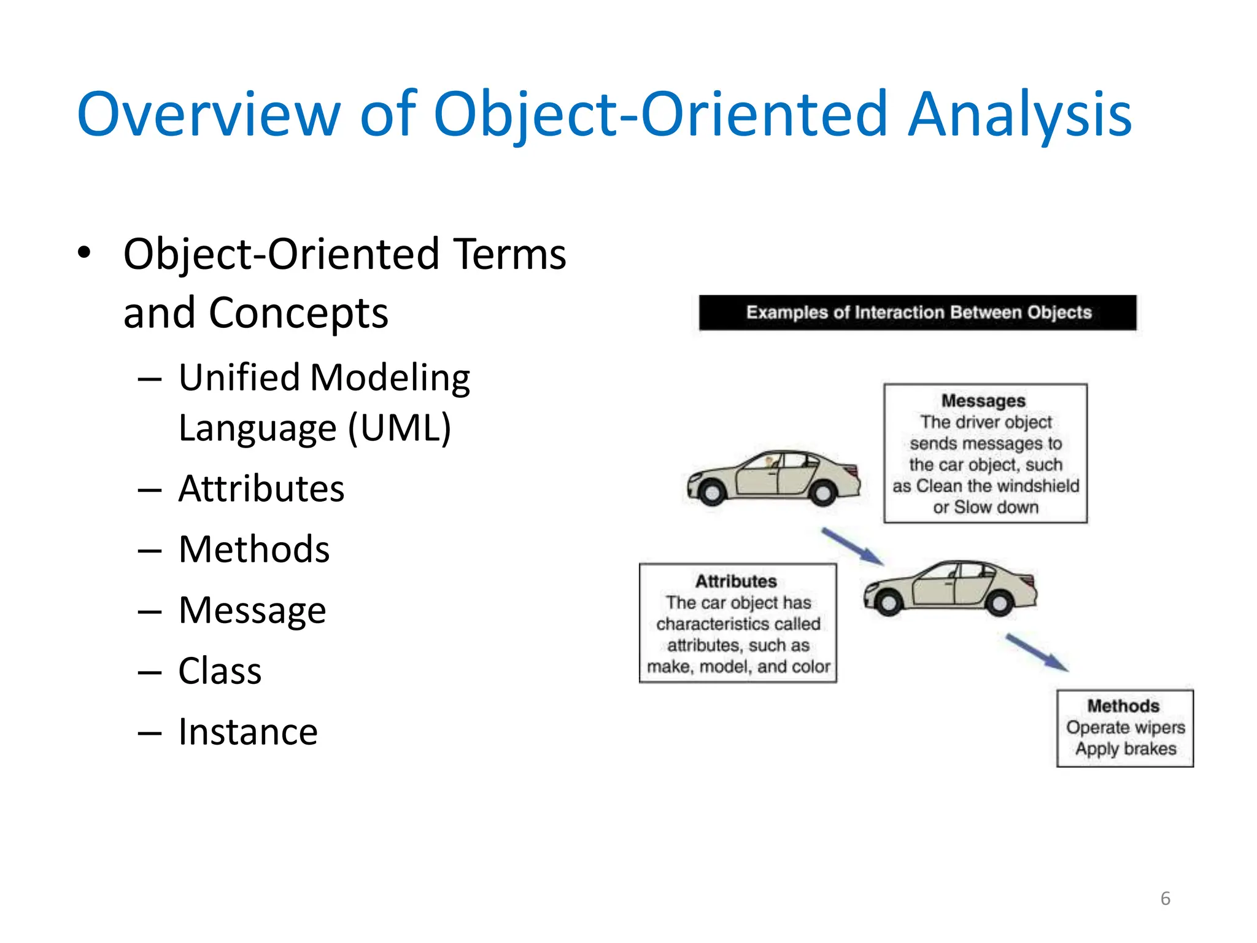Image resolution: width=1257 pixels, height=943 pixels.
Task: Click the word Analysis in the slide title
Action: click(1019, 114)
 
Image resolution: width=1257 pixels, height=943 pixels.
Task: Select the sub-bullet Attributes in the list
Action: click(261, 489)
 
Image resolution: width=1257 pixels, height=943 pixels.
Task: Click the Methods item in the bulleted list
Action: click(254, 549)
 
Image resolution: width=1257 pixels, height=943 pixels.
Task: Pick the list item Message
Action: click(252, 610)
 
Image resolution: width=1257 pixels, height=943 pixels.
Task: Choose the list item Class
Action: click(220, 670)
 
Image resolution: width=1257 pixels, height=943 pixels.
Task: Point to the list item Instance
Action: click(248, 732)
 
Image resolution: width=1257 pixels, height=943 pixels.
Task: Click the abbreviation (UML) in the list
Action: click(400, 427)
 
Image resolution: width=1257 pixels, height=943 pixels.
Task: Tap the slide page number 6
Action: click(1165, 898)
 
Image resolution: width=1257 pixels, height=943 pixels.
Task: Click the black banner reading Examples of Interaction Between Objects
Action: click(918, 312)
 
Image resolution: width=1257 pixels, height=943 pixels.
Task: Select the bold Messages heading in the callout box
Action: click(983, 401)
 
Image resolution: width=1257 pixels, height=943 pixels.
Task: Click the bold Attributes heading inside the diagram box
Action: click(736, 581)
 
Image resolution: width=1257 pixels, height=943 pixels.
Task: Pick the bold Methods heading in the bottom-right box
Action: click(1123, 705)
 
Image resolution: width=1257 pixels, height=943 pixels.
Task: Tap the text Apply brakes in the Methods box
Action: click(1126, 748)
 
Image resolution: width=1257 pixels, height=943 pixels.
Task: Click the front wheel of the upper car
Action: click(713, 492)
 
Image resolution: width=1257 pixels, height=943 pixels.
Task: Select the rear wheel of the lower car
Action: click(999, 603)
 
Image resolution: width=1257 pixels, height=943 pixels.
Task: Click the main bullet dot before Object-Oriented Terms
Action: click(84, 252)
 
